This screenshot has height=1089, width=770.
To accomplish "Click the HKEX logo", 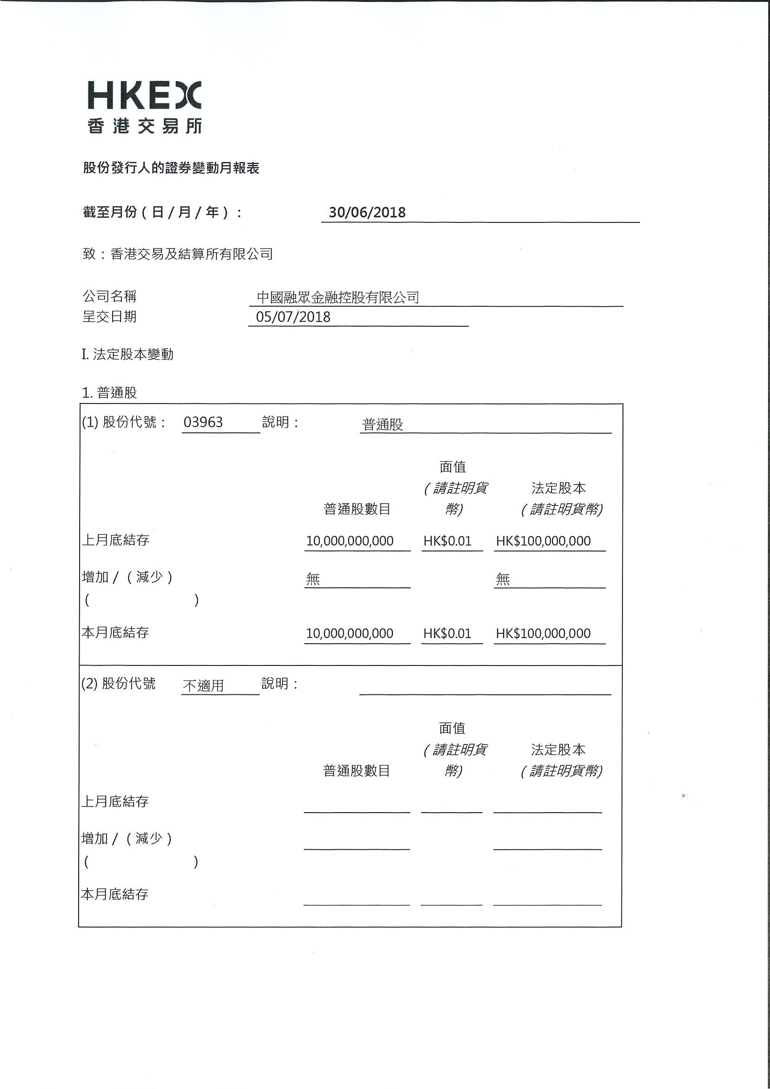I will (145, 107).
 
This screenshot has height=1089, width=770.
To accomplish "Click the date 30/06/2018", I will (367, 212).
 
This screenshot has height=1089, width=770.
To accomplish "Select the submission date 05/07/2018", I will (293, 317).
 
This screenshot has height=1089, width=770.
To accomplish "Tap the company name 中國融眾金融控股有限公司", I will (338, 297).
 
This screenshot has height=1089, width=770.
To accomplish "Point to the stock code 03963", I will (203, 422).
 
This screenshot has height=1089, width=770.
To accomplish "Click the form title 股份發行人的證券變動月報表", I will (171, 168).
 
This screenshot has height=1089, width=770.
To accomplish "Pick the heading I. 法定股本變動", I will (128, 354).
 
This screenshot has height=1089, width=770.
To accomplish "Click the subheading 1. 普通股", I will (109, 393).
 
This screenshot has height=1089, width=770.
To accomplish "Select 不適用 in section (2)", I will (203, 686).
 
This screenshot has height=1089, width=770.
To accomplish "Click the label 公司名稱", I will (109, 296).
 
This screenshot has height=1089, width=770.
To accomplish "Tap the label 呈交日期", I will (109, 317).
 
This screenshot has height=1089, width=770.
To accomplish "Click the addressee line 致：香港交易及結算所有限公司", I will (178, 254).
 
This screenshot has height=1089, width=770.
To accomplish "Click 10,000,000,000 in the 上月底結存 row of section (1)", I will (350, 541).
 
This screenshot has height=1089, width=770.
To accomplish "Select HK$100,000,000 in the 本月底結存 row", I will (543, 633).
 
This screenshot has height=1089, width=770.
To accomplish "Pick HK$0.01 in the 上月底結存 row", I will (447, 541).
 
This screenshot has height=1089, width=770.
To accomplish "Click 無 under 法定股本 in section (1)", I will (502, 578).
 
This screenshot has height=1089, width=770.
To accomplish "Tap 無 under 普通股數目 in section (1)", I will (313, 578).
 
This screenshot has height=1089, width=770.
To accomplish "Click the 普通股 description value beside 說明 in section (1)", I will (382, 424).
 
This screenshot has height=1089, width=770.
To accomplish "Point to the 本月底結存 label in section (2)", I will (115, 894).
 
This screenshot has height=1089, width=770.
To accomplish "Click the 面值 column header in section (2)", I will (452, 728).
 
